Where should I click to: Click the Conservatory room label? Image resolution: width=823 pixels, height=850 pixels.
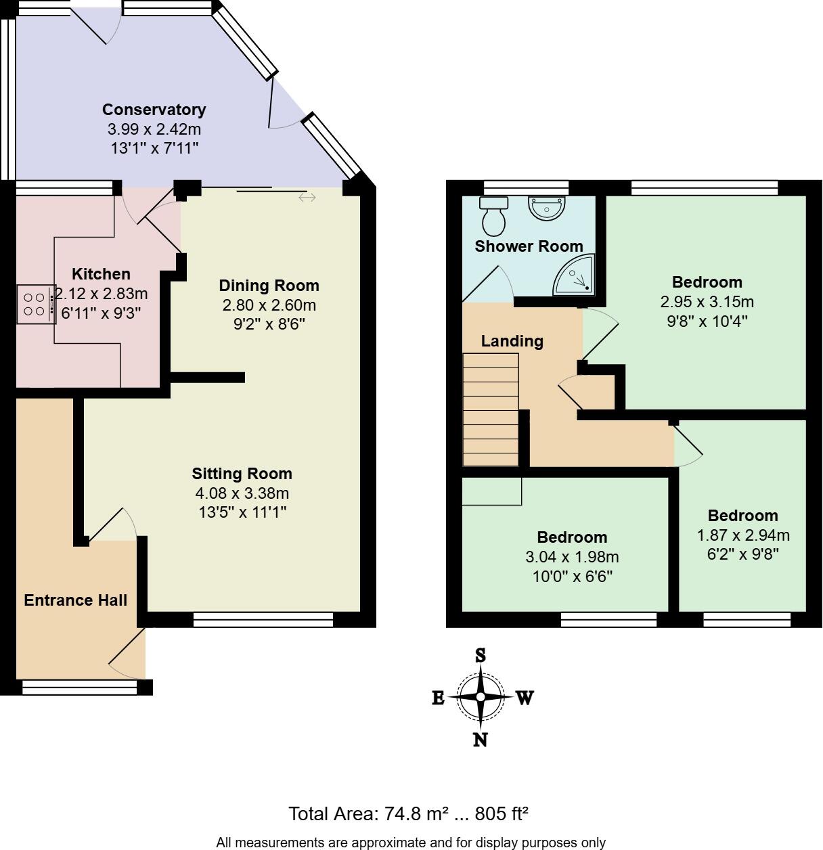pyautogui.click(x=154, y=110)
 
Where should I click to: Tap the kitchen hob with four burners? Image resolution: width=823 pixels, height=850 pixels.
pyautogui.click(x=36, y=304)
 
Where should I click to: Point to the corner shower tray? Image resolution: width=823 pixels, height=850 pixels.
pyautogui.click(x=575, y=276)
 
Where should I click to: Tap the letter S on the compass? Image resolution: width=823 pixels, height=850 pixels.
pyautogui.click(x=481, y=655)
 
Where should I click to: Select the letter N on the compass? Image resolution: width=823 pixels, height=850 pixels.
pyautogui.click(x=481, y=740)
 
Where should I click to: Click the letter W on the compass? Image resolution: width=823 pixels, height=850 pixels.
pyautogui.click(x=525, y=698)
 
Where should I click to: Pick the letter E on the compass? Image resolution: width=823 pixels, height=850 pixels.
pyautogui.click(x=438, y=698)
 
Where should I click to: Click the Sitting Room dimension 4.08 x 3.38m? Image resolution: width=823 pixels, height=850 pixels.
pyautogui.click(x=242, y=493)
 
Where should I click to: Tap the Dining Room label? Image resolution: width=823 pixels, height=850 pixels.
pyautogui.click(x=269, y=286)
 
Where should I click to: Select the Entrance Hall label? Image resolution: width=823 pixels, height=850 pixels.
pyautogui.click(x=75, y=600)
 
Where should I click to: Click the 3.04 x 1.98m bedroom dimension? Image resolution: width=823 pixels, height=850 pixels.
pyautogui.click(x=572, y=558)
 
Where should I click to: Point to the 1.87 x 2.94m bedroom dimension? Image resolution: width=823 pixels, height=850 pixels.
pyautogui.click(x=743, y=535)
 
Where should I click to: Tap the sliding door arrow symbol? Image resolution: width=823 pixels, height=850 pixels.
pyautogui.click(x=307, y=198)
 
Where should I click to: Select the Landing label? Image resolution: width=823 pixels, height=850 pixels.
pyautogui.click(x=512, y=341)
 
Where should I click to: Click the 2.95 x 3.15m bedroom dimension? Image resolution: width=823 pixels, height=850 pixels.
pyautogui.click(x=707, y=302)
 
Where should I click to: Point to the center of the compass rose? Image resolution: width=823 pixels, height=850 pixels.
pyautogui.click(x=481, y=697)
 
